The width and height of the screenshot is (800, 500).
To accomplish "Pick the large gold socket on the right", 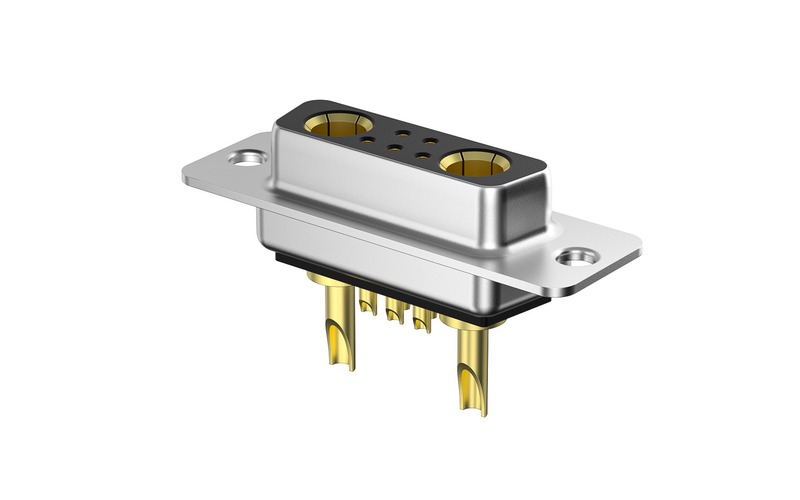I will click(x=473, y=164).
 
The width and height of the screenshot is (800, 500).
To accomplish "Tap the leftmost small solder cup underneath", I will click(x=366, y=302).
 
